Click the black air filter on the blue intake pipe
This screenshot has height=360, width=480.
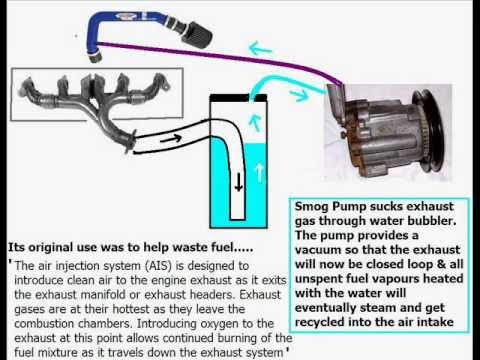tap(197, 32)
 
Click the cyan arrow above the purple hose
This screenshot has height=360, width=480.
tap(260, 49)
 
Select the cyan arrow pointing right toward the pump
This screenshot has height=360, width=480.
tap(298, 95)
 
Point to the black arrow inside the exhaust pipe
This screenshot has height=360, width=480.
tap(171, 138)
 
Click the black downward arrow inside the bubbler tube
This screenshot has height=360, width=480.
tap(238, 183)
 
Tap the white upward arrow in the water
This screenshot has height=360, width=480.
tap(259, 172)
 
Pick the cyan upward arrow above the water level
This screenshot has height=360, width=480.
tap(255, 123)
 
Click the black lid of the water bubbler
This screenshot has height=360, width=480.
tap(238, 98)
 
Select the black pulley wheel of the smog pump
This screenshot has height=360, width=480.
tap(429, 131)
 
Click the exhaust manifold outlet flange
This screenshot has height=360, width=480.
tap(131, 142)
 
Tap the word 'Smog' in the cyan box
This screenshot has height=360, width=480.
tap(312, 207)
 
